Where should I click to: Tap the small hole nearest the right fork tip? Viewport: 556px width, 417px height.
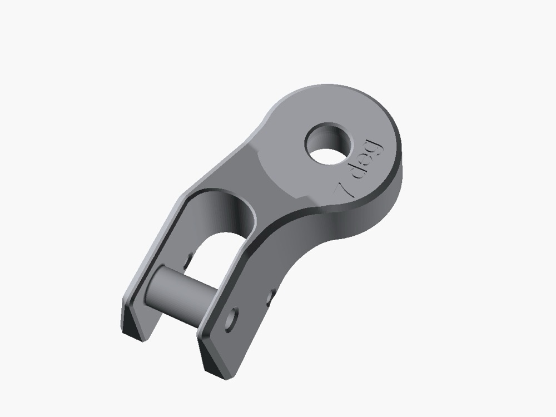point(232,320)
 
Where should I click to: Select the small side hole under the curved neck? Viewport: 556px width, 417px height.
point(271,297)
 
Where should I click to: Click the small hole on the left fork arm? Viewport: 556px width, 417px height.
point(188,261)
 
